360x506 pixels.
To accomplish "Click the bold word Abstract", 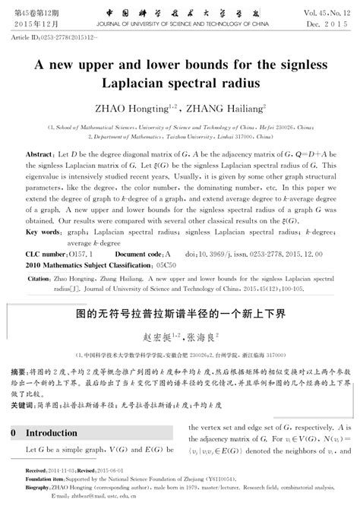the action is tap(39, 155).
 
